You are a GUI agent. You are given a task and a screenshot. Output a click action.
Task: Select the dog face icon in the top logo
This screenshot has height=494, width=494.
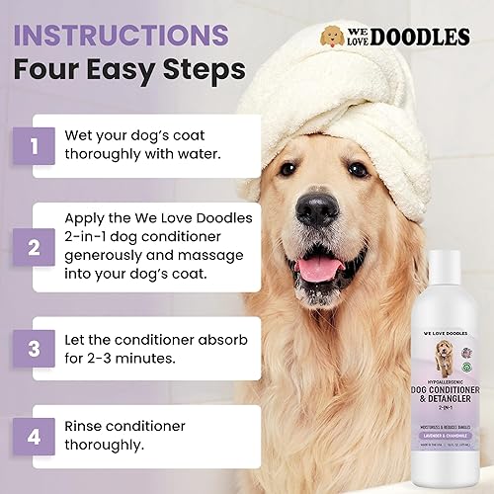pyautogui.click(x=333, y=38)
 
